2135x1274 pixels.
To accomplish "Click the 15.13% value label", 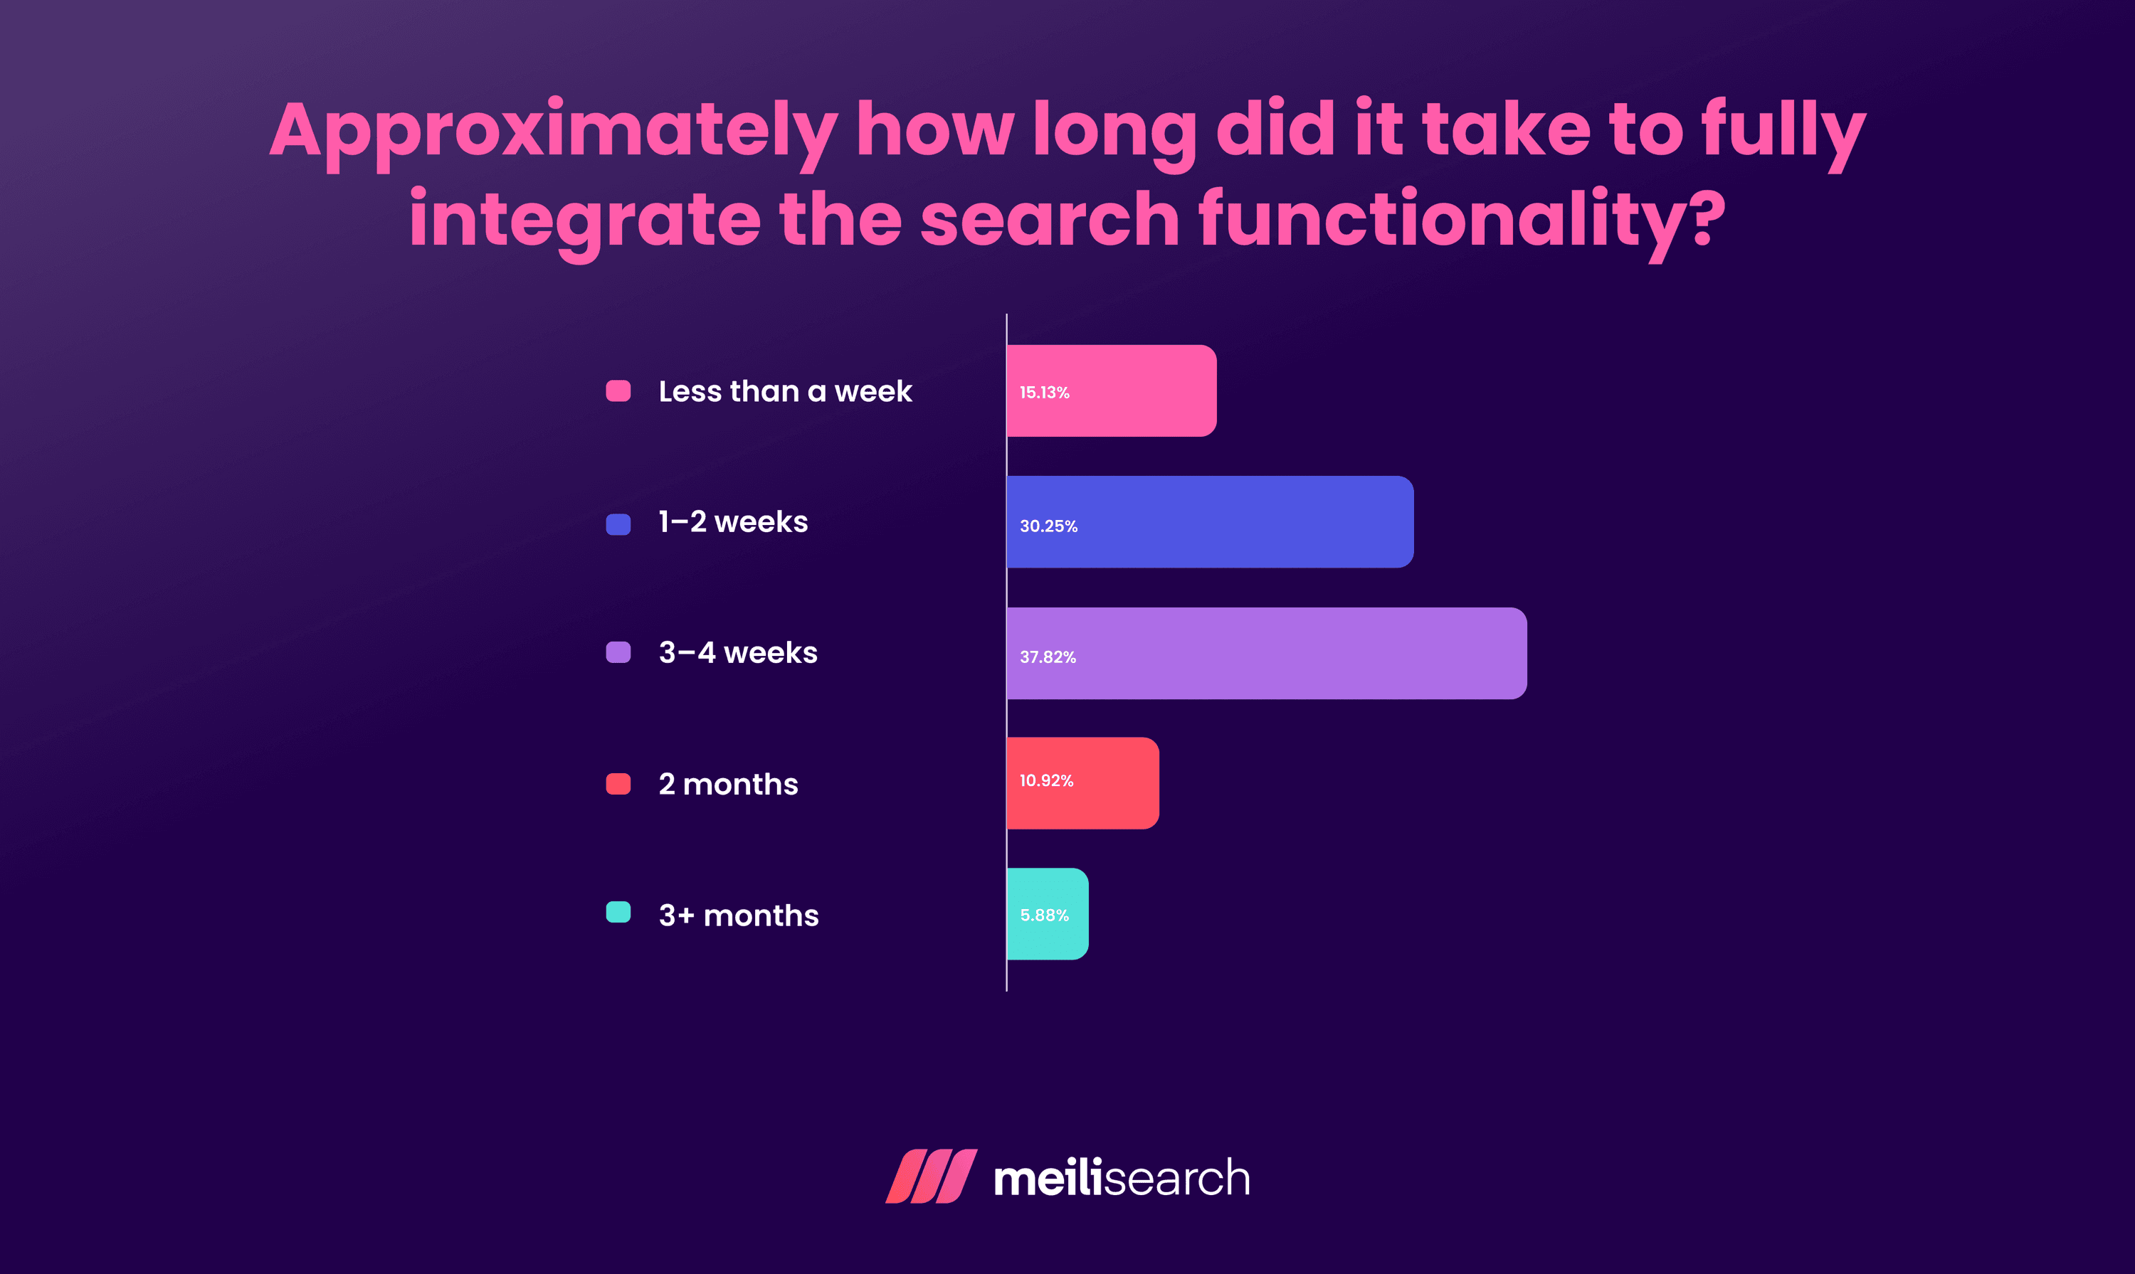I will point(1044,393).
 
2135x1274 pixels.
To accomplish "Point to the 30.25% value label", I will point(1048,526).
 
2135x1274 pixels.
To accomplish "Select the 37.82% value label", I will point(1048,657).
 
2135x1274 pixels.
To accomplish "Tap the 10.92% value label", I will point(1046,780).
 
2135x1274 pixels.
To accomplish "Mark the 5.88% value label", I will point(1044,915).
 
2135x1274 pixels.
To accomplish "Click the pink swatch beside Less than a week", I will point(618,391).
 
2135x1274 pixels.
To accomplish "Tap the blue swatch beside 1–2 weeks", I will point(618,524).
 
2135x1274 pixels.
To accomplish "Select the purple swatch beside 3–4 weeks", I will point(618,652).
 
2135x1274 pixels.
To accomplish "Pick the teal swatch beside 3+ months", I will point(618,912).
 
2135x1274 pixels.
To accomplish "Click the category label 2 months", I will point(728,784).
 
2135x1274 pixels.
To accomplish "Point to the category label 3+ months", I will point(739,915).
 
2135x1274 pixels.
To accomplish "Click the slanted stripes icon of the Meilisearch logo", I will point(931,1176).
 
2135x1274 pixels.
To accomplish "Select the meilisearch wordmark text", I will point(1122,1178).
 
